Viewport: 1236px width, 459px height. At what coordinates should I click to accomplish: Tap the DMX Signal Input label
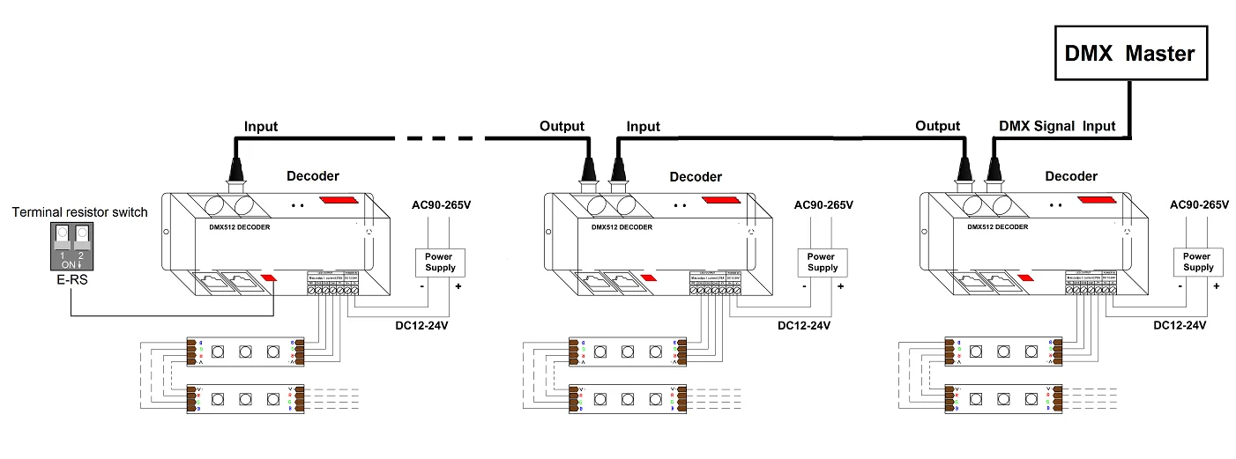[1057, 126]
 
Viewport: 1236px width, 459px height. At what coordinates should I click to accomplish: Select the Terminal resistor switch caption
[79, 212]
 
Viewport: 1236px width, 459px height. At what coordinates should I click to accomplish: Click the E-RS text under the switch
[68, 283]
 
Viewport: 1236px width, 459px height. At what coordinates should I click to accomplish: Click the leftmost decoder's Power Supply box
[439, 263]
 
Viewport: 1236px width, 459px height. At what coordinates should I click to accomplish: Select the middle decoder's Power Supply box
[822, 263]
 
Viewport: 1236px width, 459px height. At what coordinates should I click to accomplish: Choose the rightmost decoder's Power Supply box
[1198, 263]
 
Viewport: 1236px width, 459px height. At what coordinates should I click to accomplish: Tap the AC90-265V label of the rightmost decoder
[1198, 205]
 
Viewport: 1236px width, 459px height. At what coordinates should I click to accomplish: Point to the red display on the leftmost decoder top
[339, 200]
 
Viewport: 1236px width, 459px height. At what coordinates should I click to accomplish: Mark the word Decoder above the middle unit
[696, 177]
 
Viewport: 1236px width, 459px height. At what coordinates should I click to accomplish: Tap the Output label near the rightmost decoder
[937, 126]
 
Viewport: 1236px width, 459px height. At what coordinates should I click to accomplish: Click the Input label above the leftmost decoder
[261, 127]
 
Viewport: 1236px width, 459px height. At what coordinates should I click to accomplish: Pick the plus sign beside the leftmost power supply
[458, 286]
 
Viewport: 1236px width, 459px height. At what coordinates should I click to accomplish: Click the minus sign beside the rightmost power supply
[1180, 286]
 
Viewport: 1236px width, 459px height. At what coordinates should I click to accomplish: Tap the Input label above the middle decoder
[643, 127]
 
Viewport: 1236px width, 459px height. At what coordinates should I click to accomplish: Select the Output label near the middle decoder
[562, 126]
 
